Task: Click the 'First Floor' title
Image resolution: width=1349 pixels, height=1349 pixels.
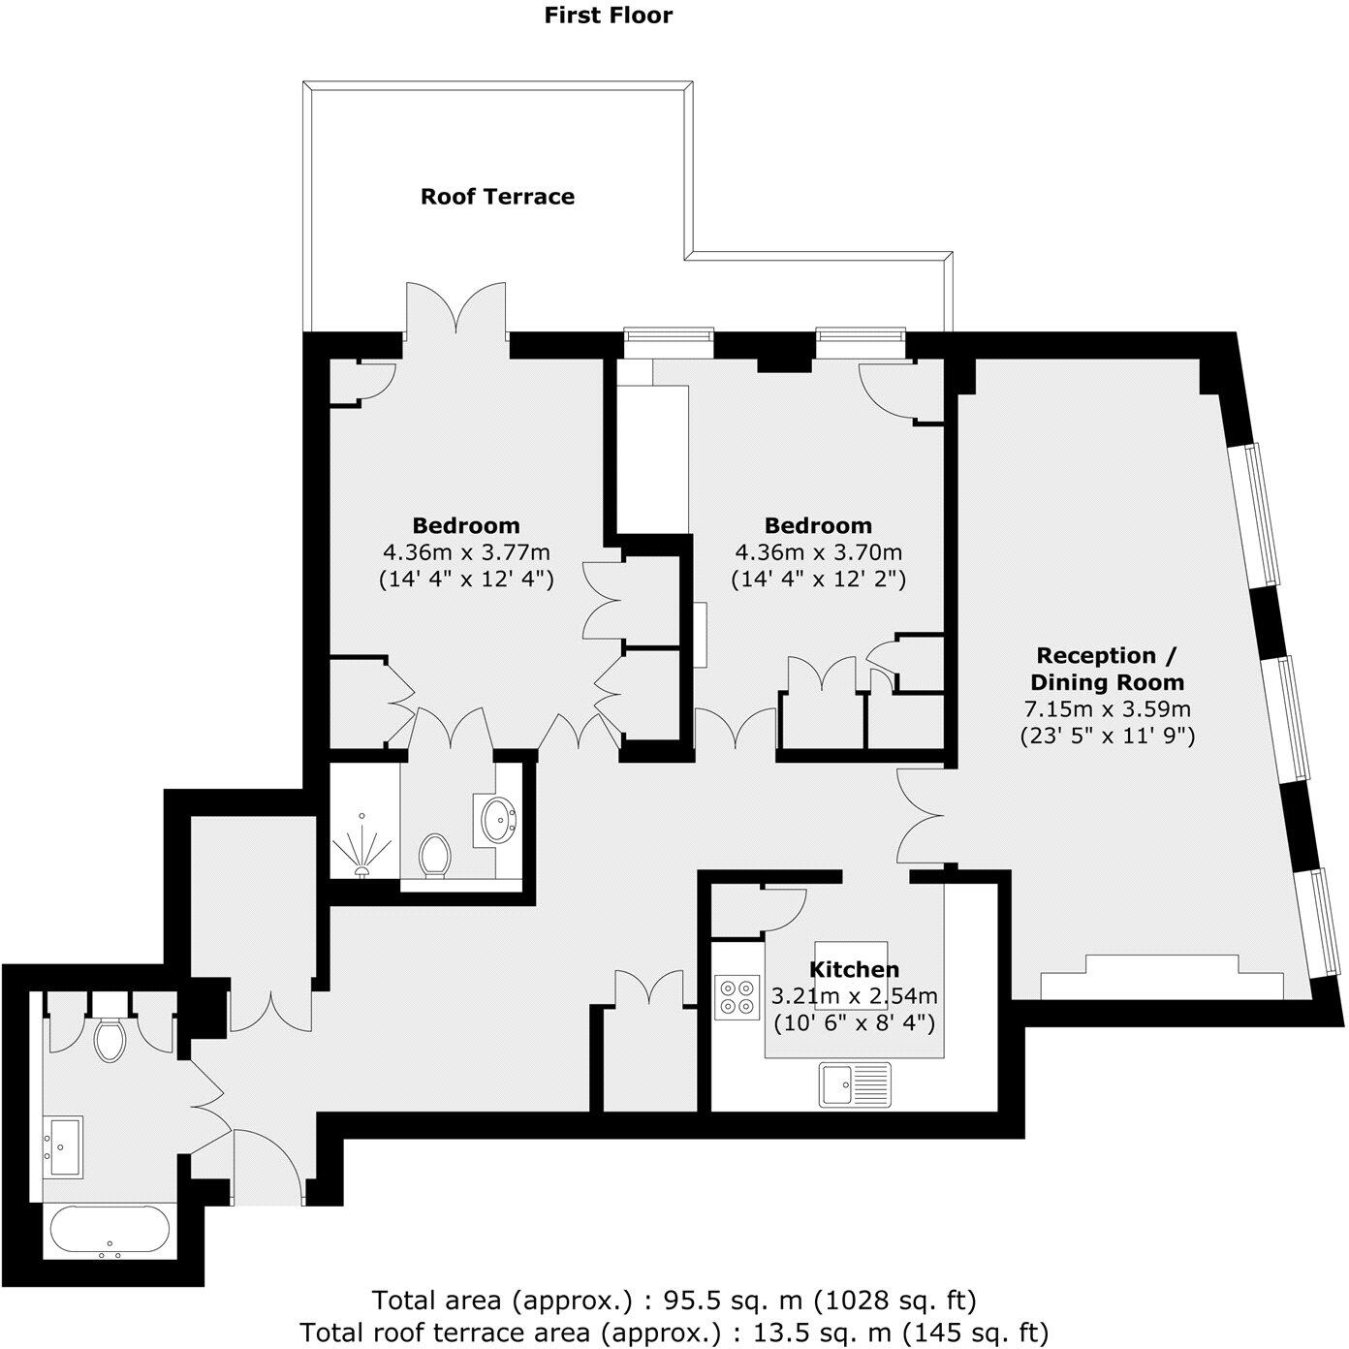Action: (x=608, y=15)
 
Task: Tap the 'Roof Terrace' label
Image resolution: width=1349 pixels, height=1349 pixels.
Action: (x=497, y=197)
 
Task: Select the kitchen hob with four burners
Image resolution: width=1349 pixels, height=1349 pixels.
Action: (x=737, y=997)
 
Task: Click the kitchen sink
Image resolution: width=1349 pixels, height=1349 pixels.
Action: (x=855, y=1084)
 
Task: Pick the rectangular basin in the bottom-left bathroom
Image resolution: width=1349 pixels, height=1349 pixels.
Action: (x=63, y=1146)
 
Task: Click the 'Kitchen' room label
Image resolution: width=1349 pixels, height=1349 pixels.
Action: (x=854, y=969)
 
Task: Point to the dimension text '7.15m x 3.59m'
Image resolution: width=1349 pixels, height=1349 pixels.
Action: (x=1107, y=708)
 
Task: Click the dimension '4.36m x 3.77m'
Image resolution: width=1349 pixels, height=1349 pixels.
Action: (x=466, y=553)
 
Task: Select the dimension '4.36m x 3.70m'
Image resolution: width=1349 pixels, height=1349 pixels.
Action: (x=818, y=553)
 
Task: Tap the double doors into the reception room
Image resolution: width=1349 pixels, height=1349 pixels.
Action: (x=916, y=815)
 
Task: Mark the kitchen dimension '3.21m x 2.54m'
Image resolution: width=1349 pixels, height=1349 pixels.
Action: (x=854, y=995)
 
